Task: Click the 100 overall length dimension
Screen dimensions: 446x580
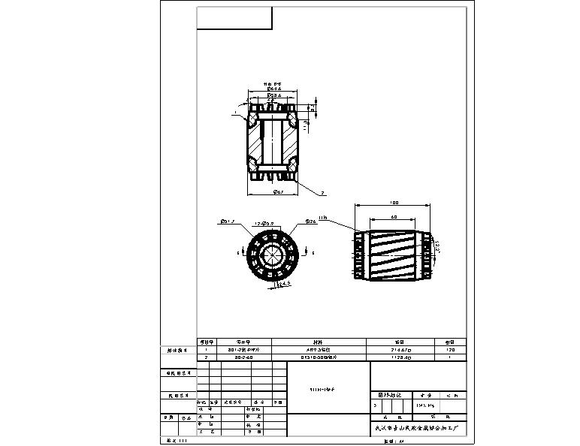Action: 394,203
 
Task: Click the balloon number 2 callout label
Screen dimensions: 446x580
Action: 322,193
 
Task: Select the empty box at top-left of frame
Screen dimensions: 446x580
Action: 234,18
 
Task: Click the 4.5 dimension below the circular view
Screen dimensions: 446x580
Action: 284,284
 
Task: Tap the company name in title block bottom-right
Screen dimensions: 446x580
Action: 418,428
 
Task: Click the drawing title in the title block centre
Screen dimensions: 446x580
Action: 328,390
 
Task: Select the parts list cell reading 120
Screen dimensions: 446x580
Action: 450,350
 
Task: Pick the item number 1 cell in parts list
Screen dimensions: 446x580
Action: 207,350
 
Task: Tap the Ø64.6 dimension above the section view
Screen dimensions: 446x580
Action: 272,89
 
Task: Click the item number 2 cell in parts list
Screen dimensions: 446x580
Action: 207,358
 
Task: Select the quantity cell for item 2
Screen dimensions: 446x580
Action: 450,358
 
